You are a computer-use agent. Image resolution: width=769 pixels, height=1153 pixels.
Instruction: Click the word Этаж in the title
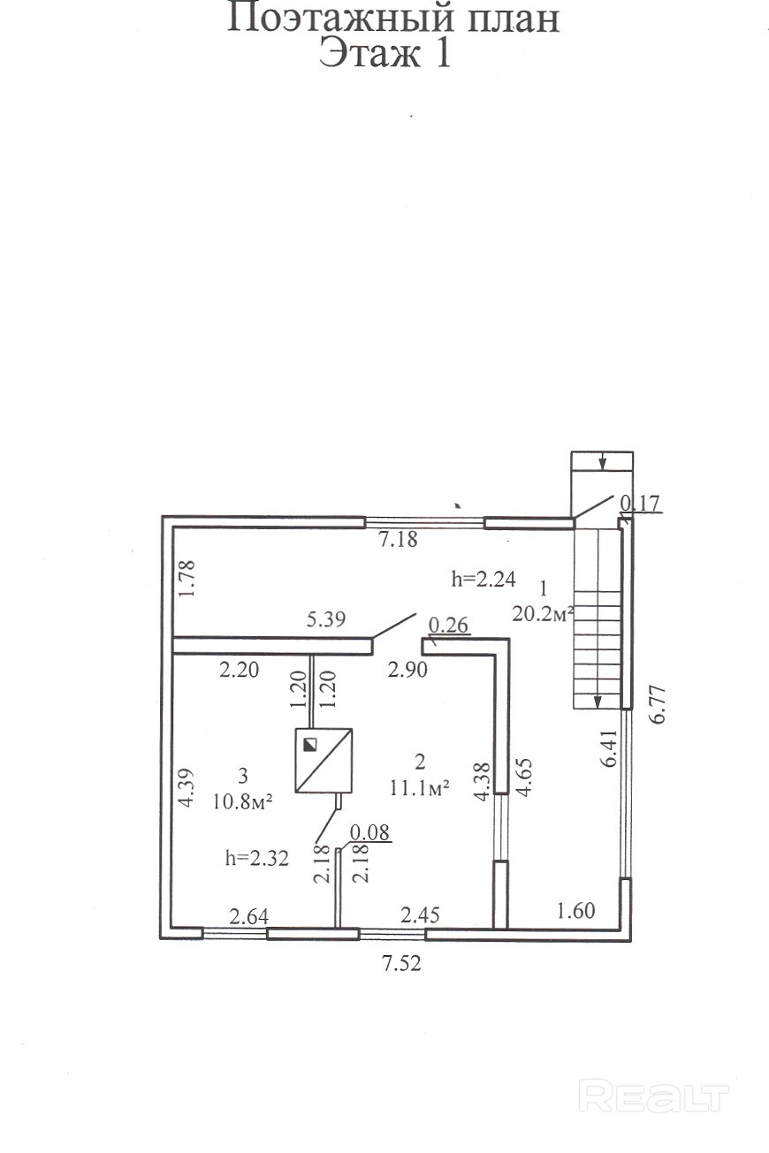pos(369,53)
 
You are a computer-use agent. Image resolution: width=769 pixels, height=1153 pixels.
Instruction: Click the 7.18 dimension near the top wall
pos(398,540)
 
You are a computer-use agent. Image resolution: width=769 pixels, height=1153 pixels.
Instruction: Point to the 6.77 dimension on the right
pos(658,704)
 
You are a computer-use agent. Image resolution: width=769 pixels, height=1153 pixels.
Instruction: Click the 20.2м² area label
pos(543,613)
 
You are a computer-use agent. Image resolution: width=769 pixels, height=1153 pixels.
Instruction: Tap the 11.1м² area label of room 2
pos(419,788)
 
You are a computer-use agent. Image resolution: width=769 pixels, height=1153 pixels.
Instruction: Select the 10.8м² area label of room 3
pos(242,802)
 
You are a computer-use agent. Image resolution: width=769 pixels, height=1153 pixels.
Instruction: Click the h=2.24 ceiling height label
pos(483,579)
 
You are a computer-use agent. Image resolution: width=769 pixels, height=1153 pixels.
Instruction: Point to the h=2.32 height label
pos(257,858)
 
